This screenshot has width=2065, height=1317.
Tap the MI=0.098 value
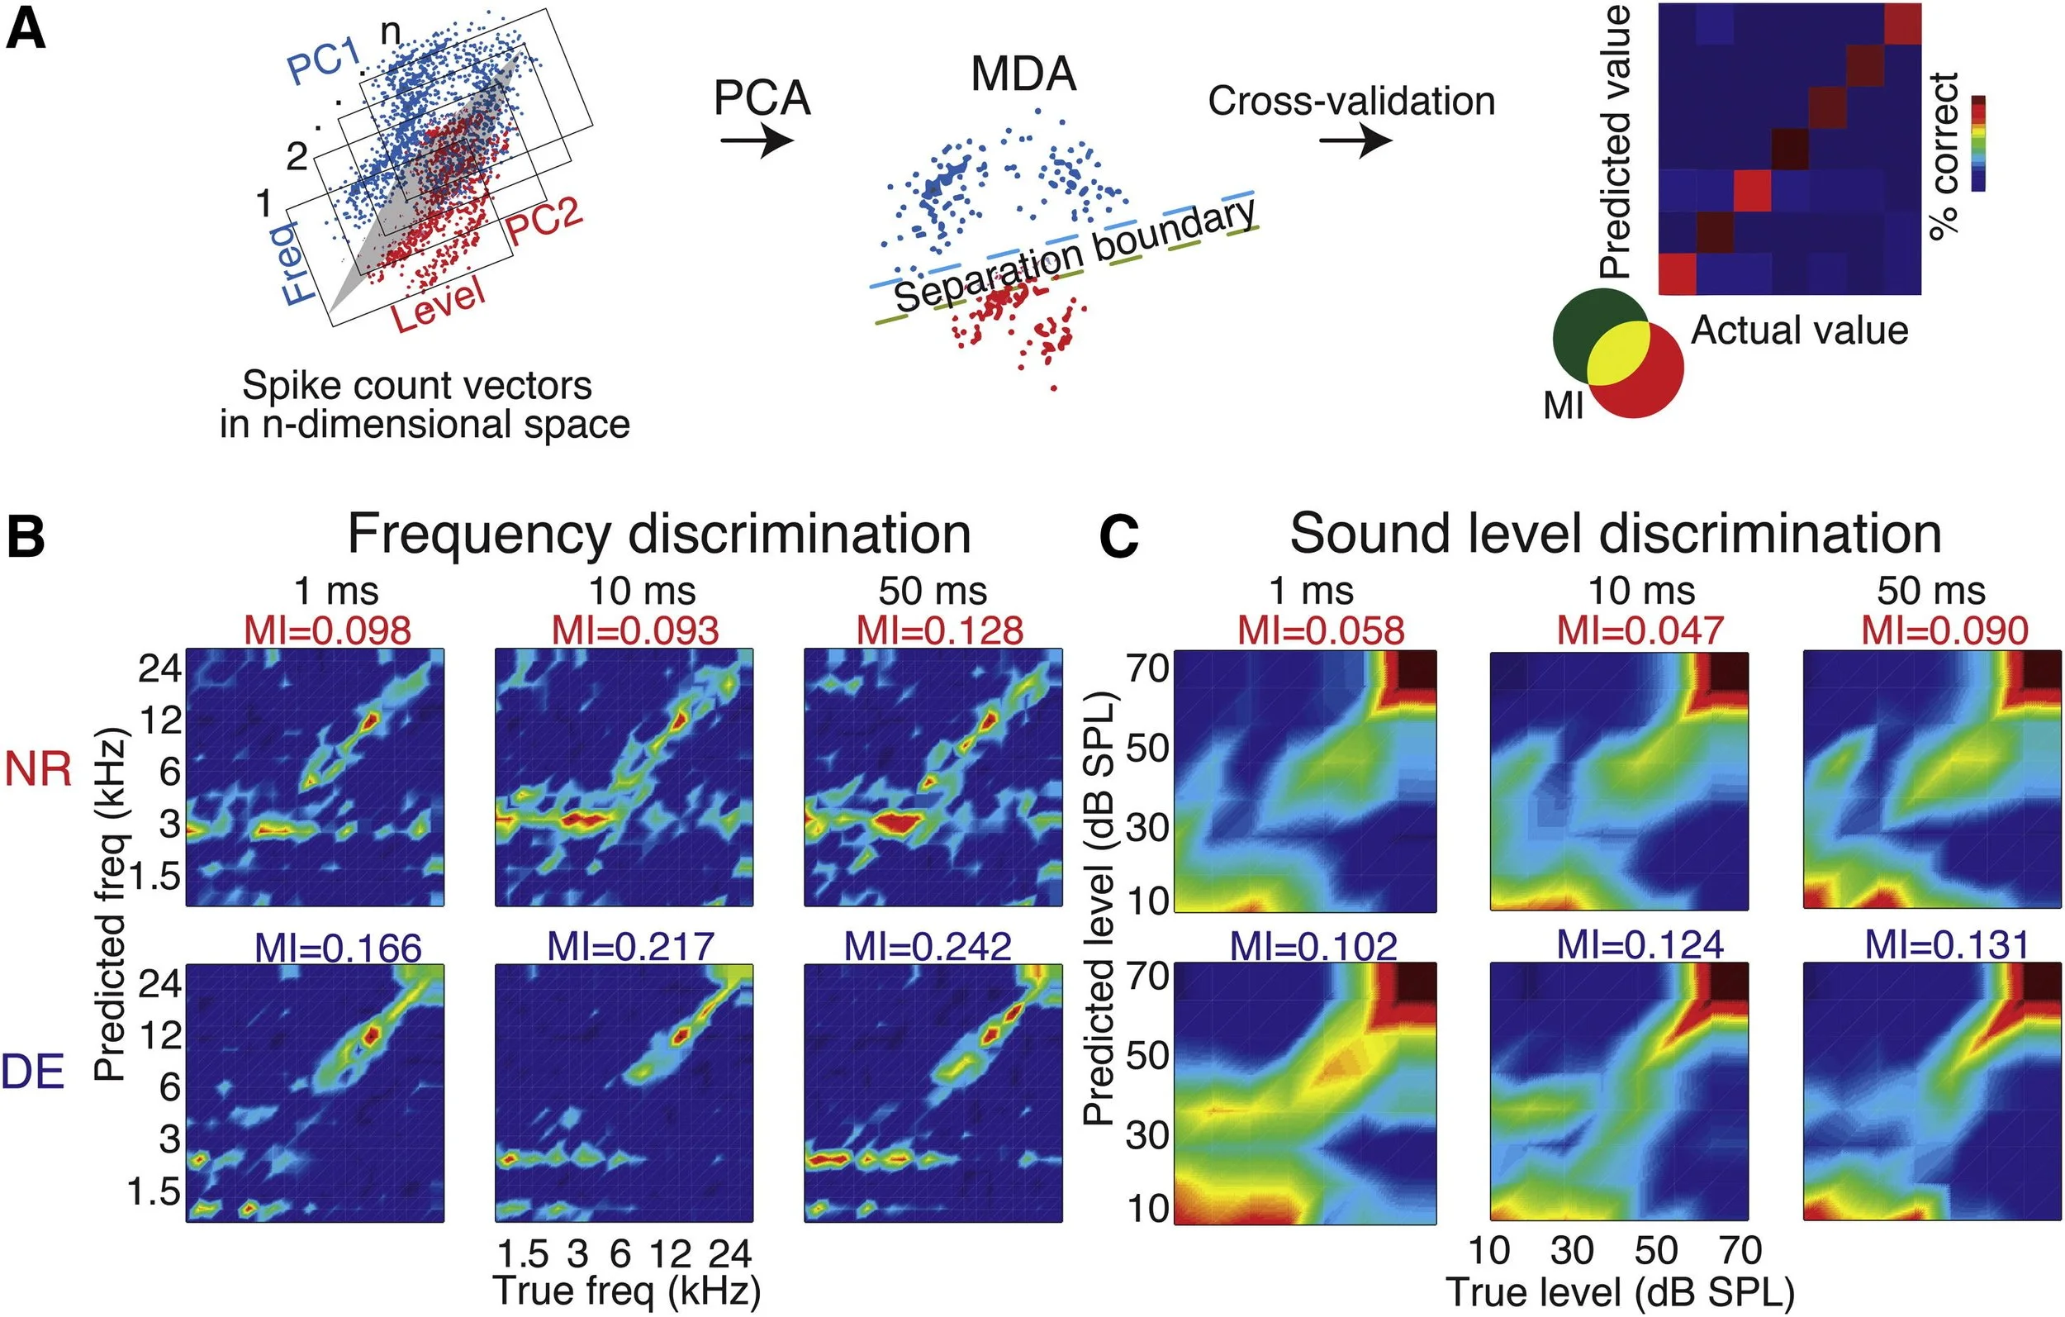click(328, 631)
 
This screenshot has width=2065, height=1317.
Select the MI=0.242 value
click(928, 946)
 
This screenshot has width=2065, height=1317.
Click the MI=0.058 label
click(1321, 631)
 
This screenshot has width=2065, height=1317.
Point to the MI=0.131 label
click(1947, 945)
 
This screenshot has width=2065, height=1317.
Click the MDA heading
click(1023, 74)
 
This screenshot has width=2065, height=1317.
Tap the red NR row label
click(38, 768)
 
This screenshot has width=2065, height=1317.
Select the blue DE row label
click(32, 1072)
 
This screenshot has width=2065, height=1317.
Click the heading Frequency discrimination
click(658, 534)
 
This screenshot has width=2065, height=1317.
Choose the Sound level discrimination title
click(1616, 534)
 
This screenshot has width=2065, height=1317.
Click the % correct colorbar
click(1978, 142)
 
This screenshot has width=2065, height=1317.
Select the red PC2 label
click(544, 223)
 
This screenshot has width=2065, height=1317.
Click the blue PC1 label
click(325, 62)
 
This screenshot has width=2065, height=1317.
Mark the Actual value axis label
click(1799, 330)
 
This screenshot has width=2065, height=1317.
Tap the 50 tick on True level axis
click(1655, 1251)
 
